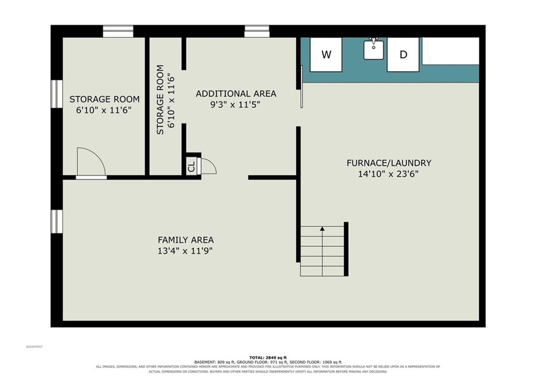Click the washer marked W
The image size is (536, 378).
pos(326,54)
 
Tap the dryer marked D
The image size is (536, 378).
pos(403,54)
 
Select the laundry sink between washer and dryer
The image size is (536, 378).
pos(373,49)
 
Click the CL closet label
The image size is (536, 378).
pos(192,166)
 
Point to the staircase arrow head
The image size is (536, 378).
pos(322,229)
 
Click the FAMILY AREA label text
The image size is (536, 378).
pos(186,239)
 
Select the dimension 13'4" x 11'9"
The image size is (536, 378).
pos(185,251)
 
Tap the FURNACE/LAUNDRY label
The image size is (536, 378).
pos(389,163)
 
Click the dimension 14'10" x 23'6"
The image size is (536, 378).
pos(388,174)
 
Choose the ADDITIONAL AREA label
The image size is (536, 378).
pos(236,94)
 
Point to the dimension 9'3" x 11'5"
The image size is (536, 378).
pos(235,105)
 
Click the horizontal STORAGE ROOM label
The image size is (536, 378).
pos(104,99)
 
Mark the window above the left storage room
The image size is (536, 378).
pos(118,31)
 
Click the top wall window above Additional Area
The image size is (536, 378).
pos(257,31)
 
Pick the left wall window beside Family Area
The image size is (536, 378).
pos(57,222)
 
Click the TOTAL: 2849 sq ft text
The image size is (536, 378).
pos(268,358)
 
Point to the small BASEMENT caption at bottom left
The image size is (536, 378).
pos(35,347)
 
